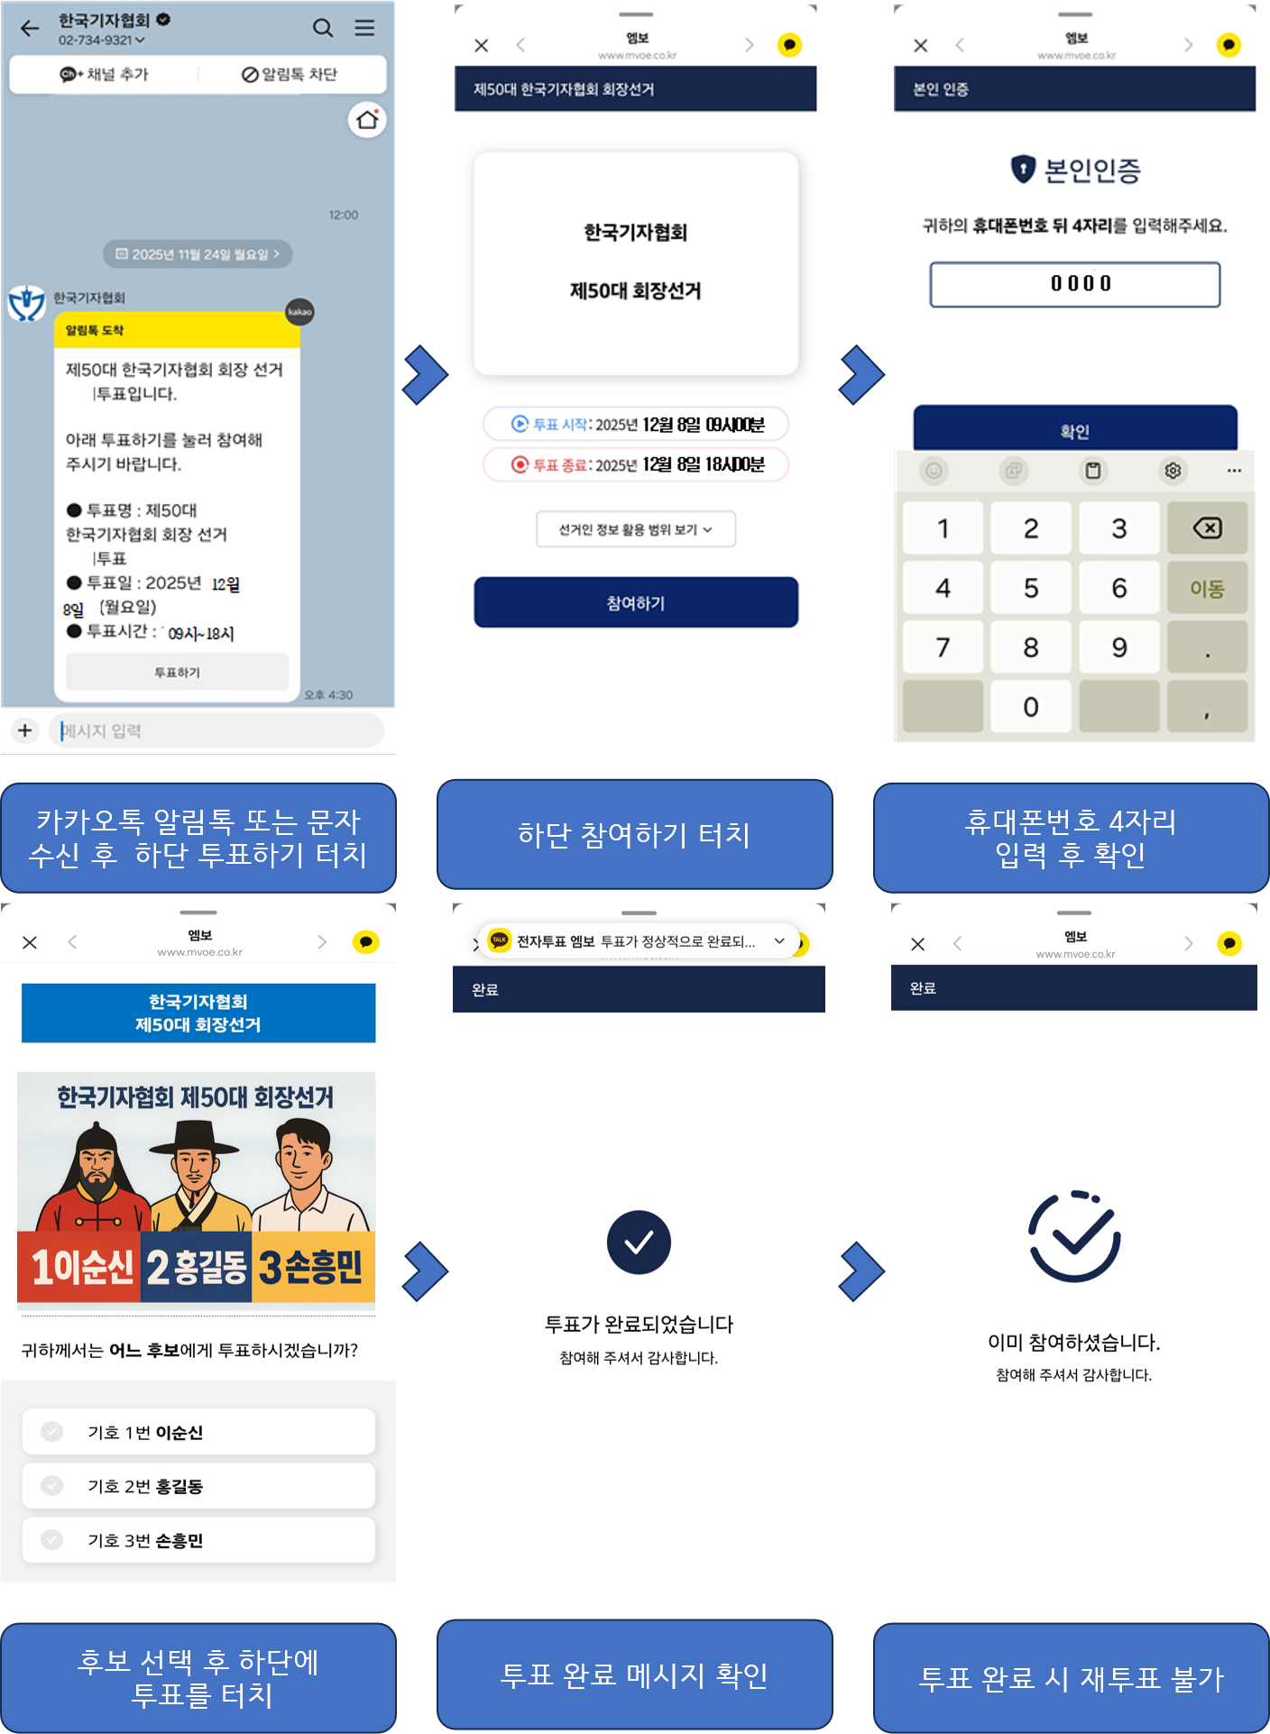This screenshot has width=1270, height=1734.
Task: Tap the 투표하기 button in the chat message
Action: pyautogui.click(x=177, y=672)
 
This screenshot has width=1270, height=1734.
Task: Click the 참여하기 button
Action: pyautogui.click(x=636, y=602)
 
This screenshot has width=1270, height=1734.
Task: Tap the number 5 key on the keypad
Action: pyautogui.click(x=1031, y=588)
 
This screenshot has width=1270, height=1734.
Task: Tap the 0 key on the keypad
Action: pyautogui.click(x=1031, y=707)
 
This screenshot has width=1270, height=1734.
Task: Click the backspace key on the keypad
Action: pyautogui.click(x=1207, y=528)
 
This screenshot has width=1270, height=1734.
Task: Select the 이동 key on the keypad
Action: pyautogui.click(x=1207, y=588)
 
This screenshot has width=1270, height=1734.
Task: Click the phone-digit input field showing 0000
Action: pyautogui.click(x=1075, y=284)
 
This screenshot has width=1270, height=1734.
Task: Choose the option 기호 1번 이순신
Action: pyautogui.click(x=198, y=1432)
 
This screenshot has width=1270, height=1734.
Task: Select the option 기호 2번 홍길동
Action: pyautogui.click(x=198, y=1486)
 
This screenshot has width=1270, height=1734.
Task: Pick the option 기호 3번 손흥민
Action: pyautogui.click(x=198, y=1540)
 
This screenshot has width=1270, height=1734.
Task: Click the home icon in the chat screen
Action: pyautogui.click(x=367, y=120)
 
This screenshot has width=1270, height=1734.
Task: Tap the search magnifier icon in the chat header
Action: pyautogui.click(x=323, y=28)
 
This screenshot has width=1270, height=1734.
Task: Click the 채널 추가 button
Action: pyautogui.click(x=104, y=74)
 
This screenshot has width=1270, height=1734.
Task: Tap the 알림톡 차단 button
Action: pyautogui.click(x=290, y=74)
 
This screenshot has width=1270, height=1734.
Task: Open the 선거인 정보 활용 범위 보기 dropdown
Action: pyautogui.click(x=636, y=529)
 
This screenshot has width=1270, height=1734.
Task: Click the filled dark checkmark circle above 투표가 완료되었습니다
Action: pyautogui.click(x=639, y=1243)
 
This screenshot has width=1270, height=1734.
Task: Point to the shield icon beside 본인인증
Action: pyautogui.click(x=1023, y=169)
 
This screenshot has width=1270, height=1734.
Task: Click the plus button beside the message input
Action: pyautogui.click(x=25, y=730)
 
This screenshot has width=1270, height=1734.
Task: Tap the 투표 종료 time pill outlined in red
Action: pyautogui.click(x=636, y=464)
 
